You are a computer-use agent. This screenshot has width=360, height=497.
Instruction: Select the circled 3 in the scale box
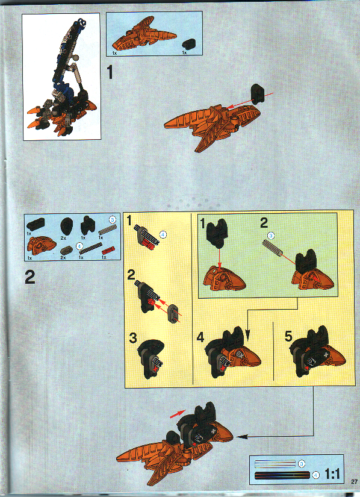pyautogui.click(x=301, y=463)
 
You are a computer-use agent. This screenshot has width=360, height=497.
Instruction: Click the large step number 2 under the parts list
pyautogui.click(x=31, y=278)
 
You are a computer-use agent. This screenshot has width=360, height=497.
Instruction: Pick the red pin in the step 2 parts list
pyautogui.click(x=107, y=249)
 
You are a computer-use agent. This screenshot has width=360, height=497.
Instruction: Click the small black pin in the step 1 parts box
pyautogui.click(x=190, y=43)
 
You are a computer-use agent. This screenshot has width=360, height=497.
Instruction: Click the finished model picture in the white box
pyautogui.click(x=61, y=77)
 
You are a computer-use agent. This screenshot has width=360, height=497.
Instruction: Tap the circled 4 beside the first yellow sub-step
pyautogui.click(x=163, y=233)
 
